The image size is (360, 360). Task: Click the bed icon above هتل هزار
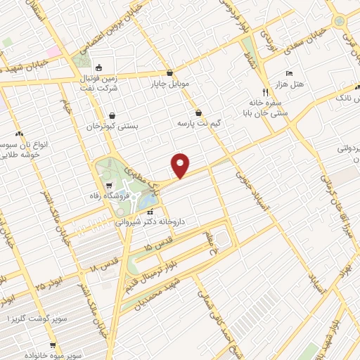click(290, 73)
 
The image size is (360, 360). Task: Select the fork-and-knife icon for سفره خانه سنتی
click(264, 92)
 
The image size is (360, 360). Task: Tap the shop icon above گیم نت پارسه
click(199, 112)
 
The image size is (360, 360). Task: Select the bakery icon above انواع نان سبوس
click(19, 134)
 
